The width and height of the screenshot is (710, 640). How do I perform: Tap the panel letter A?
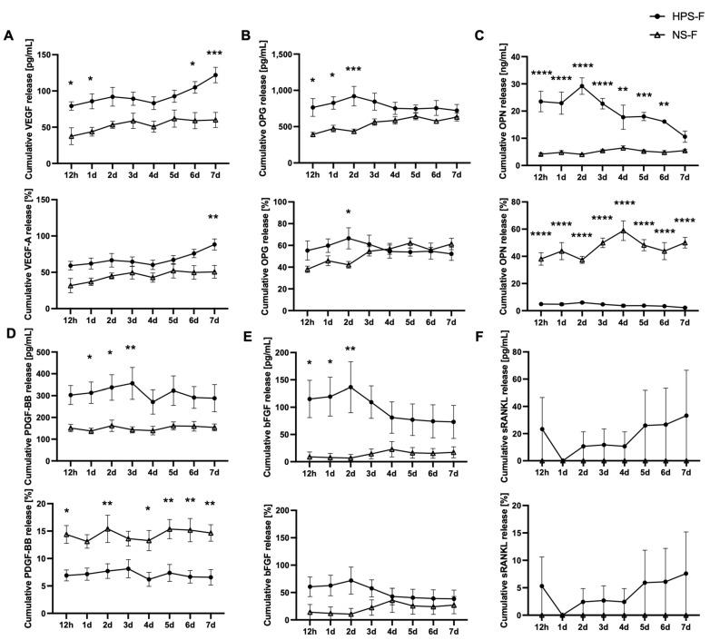tap(8, 36)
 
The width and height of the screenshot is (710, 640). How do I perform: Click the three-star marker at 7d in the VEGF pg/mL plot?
tap(214, 54)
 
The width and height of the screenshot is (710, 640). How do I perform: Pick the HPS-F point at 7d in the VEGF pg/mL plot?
tap(214, 74)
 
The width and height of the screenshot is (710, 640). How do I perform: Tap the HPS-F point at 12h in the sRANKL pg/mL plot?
tap(541, 428)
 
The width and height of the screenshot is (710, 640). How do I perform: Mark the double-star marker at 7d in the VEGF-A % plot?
tap(214, 218)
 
